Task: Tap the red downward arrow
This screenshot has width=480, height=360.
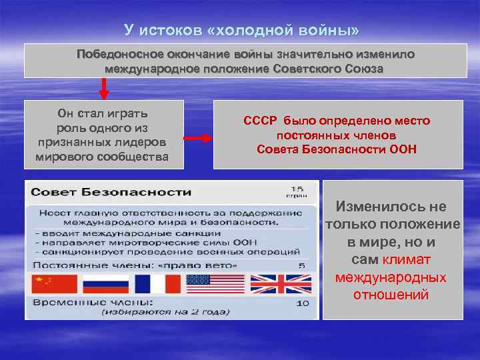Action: point(104,87)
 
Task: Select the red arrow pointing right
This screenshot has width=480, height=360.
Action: point(198,138)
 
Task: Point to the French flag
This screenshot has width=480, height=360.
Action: point(157,284)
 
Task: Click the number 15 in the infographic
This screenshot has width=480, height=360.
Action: point(299,189)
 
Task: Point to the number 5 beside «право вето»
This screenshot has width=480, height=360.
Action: point(301,265)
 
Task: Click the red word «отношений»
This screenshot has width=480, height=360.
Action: point(391,295)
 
